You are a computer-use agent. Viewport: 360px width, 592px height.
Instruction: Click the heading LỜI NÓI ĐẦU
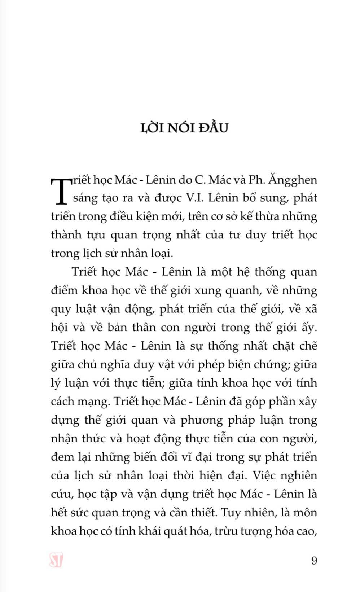pyautogui.click(x=184, y=128)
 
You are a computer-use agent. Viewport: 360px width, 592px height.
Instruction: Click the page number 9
pyautogui.click(x=314, y=560)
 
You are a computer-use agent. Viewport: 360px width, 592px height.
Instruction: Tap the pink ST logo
pyautogui.click(x=56, y=560)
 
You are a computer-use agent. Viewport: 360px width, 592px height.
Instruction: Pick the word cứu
pyautogui.click(x=62, y=494)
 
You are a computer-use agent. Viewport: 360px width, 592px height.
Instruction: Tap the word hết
pyautogui.click(x=60, y=512)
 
